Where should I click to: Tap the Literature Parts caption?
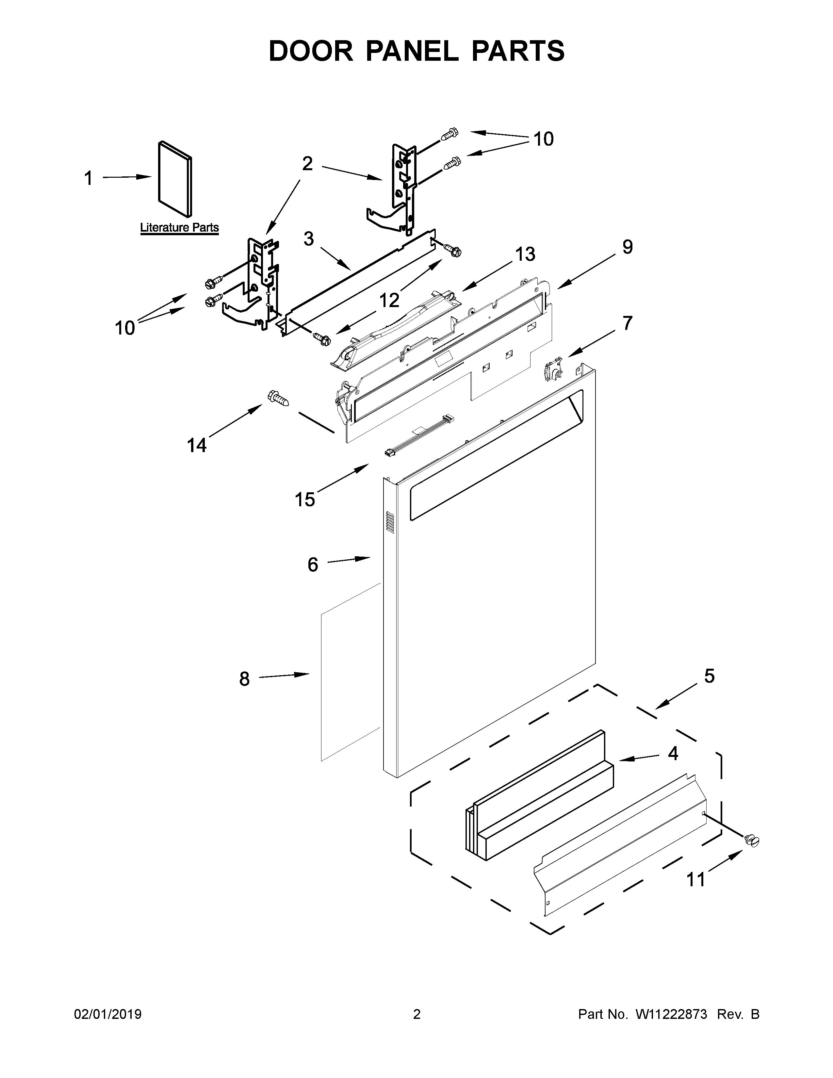click(x=179, y=228)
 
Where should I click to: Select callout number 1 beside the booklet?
click(x=88, y=178)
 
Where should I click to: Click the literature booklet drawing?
click(x=175, y=179)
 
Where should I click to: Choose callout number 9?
click(x=627, y=247)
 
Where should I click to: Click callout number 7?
click(x=627, y=323)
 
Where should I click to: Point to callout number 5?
click(x=709, y=676)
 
